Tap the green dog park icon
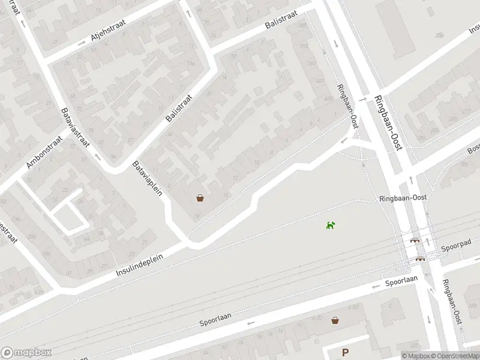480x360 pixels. (331, 225)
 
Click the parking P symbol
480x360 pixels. (345, 353)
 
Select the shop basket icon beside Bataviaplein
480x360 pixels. (200, 197)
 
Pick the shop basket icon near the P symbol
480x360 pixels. (335, 320)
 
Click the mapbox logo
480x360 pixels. (25, 353)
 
